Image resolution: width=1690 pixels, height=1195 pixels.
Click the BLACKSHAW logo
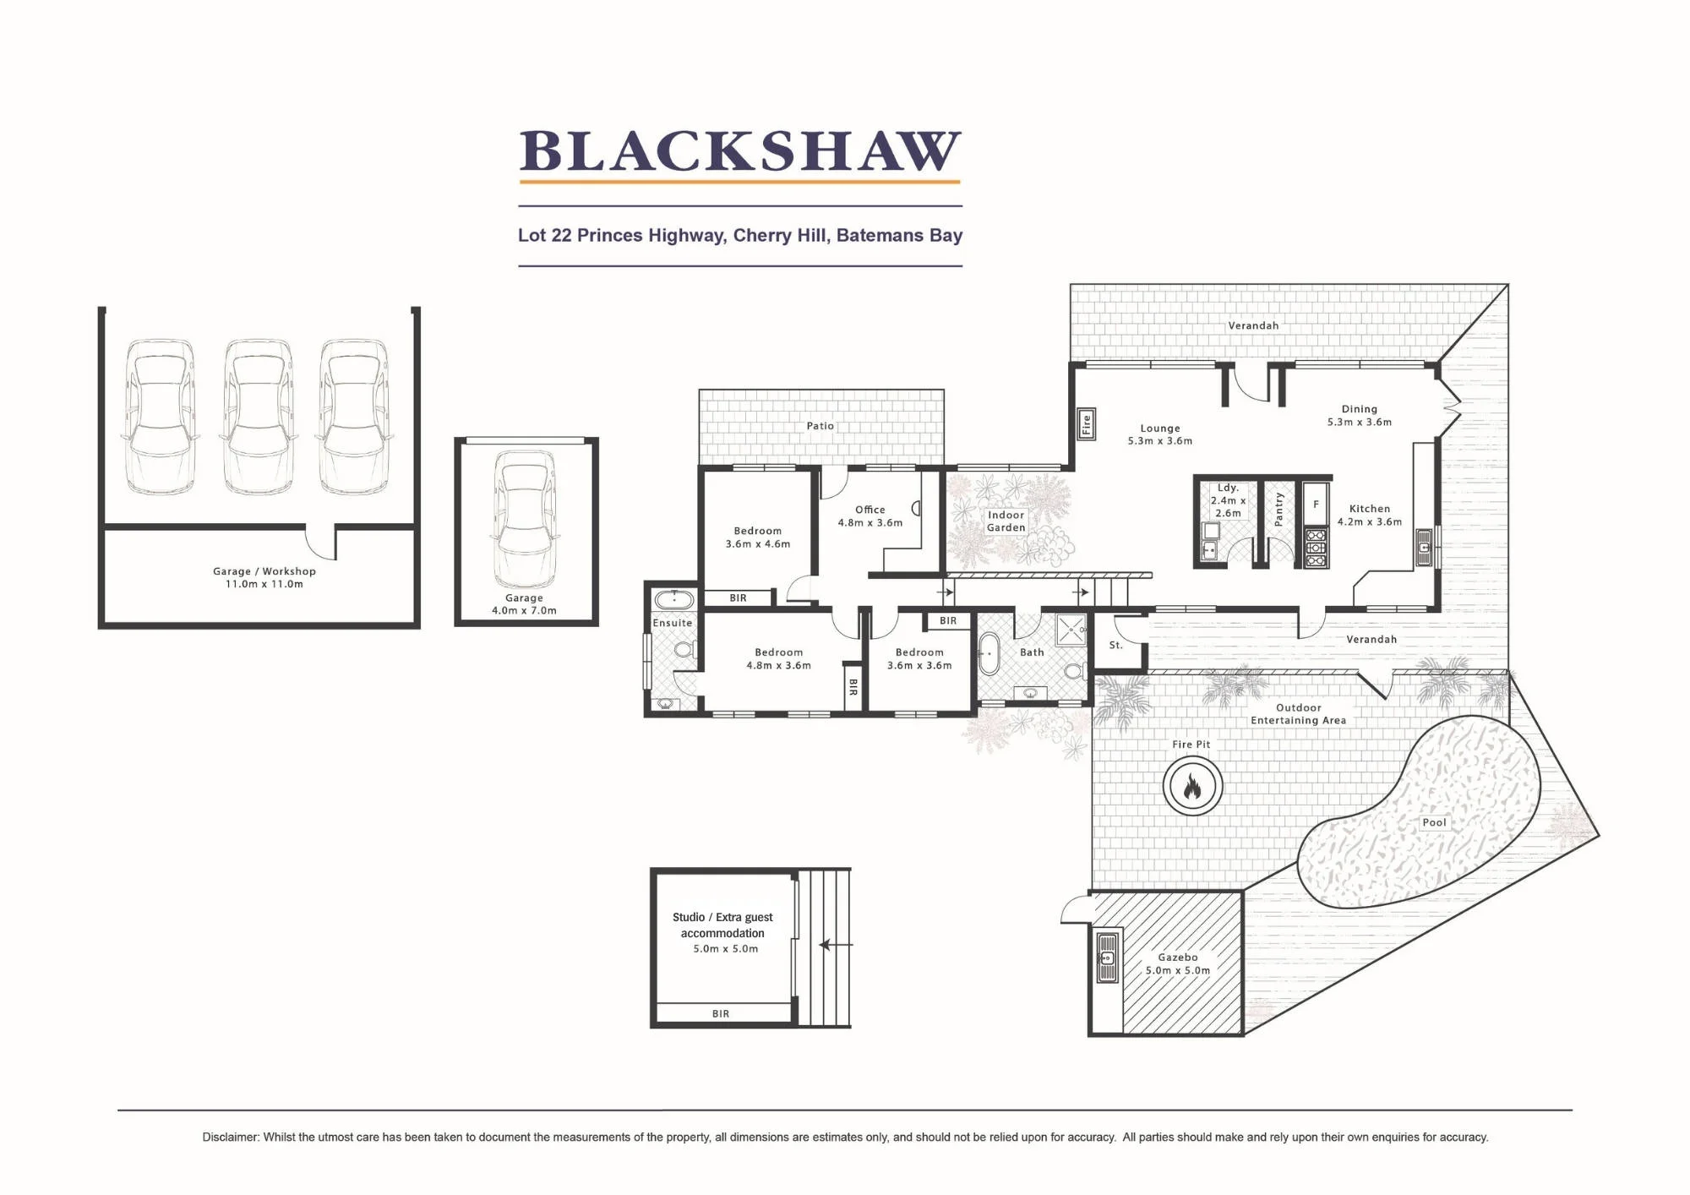pyautogui.click(x=740, y=152)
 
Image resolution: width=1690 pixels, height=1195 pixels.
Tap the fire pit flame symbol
pyautogui.click(x=1192, y=787)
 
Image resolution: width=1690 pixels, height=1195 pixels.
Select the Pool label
pyautogui.click(x=1434, y=822)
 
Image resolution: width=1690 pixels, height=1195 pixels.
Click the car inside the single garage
pyautogui.click(x=525, y=520)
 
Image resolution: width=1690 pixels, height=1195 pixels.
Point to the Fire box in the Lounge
pyautogui.click(x=1087, y=424)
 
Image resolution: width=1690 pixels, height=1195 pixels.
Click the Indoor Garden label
pyautogui.click(x=1006, y=521)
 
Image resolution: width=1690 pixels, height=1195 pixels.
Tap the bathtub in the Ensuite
pyautogui.click(x=674, y=601)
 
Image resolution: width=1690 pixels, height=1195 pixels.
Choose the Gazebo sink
pyautogui.click(x=1107, y=958)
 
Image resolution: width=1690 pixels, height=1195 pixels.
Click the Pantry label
pyautogui.click(x=1278, y=510)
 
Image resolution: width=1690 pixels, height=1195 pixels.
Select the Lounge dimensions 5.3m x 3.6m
pyautogui.click(x=1160, y=441)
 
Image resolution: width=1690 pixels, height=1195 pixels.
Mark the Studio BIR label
pyautogui.click(x=721, y=1014)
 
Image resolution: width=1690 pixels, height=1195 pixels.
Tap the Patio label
pyautogui.click(x=820, y=426)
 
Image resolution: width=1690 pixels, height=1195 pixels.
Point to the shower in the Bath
pyautogui.click(x=1071, y=630)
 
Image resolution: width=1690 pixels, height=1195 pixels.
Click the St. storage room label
pyautogui.click(x=1115, y=645)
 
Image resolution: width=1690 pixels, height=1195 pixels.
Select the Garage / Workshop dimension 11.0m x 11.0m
pyautogui.click(x=264, y=584)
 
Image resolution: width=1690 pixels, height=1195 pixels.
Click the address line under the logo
pyautogui.click(x=740, y=236)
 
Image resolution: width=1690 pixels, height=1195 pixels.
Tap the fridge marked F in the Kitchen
pyautogui.click(x=1316, y=505)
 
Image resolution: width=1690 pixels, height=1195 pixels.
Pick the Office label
pyautogui.click(x=870, y=510)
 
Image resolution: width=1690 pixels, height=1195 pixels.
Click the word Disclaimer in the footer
pyautogui.click(x=231, y=1138)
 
